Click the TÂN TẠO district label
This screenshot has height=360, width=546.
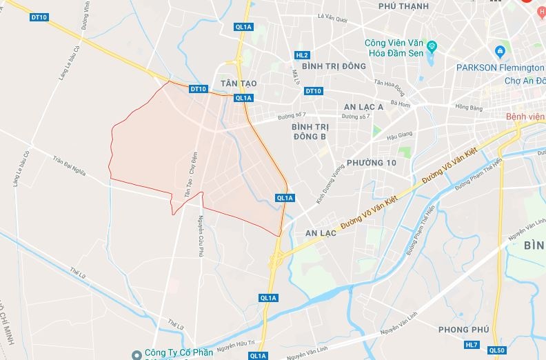pos(239,83)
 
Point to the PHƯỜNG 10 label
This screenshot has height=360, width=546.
pos(372,162)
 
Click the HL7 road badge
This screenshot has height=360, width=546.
pos(472,344)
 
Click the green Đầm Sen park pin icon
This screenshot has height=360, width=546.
pos(432,46)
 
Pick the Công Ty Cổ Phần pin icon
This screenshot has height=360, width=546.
pos(137,354)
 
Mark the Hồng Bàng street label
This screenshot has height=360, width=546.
pos(469,107)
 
